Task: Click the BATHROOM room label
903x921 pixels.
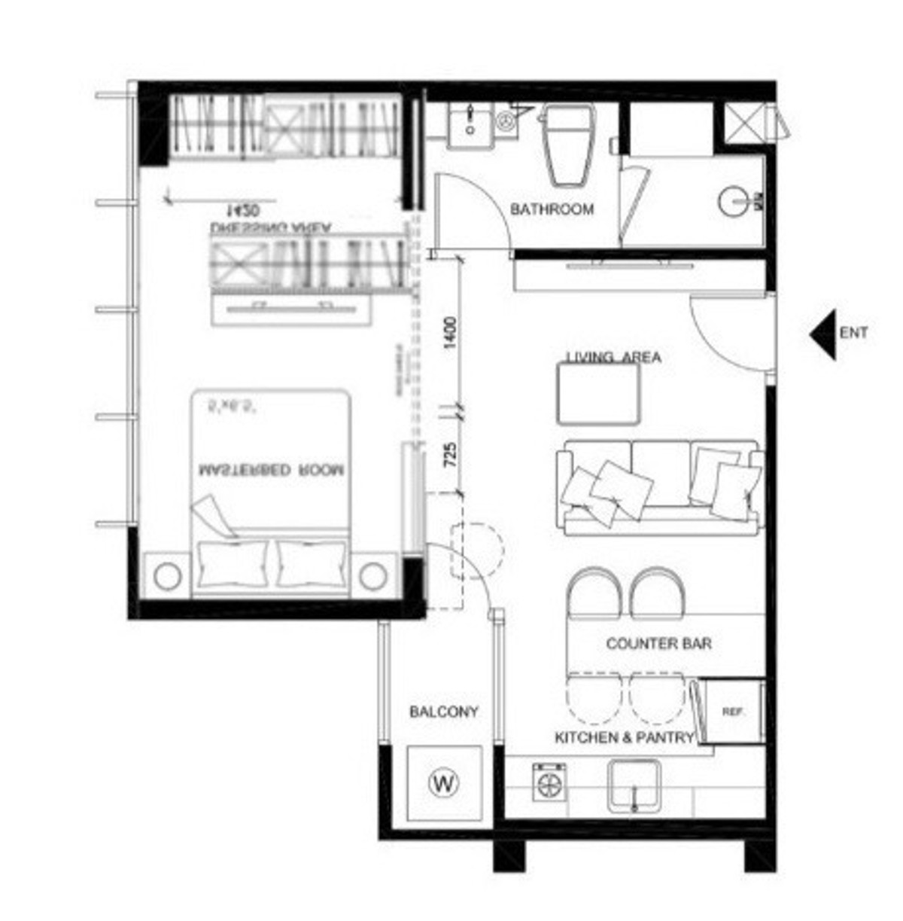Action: click(x=552, y=209)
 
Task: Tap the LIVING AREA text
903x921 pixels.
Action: click(x=613, y=357)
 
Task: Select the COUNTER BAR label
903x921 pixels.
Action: click(x=658, y=644)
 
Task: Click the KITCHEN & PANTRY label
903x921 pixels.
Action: click(x=623, y=738)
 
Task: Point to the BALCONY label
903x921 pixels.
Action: click(x=443, y=712)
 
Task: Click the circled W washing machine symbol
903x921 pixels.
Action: click(x=444, y=783)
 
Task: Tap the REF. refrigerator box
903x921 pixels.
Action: click(x=731, y=712)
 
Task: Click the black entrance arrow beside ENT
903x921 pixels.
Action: click(x=823, y=334)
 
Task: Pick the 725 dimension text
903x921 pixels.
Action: click(x=450, y=456)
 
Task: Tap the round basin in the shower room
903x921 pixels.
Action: click(x=734, y=201)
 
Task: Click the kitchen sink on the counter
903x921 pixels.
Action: click(x=634, y=785)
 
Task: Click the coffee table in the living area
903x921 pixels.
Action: click(x=598, y=394)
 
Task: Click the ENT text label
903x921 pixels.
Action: click(x=853, y=332)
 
